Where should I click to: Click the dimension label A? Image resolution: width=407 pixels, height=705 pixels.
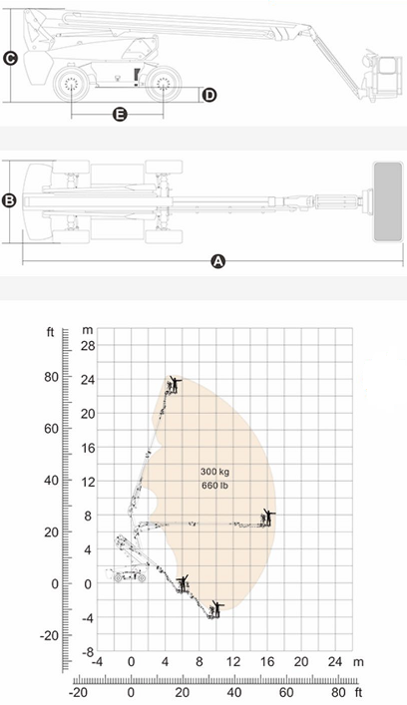217,261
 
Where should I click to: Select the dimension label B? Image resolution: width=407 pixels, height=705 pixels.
9,201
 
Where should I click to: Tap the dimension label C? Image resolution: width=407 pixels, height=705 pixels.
10,59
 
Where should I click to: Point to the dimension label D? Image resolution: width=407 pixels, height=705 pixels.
209,96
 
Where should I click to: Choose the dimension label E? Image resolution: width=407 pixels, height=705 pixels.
119,115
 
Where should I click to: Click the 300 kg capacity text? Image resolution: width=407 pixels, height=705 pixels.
214,472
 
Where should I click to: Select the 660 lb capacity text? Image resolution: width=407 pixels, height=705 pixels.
214,486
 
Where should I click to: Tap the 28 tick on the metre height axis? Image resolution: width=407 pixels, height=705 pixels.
88,345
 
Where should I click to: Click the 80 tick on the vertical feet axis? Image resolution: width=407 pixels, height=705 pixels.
51,377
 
